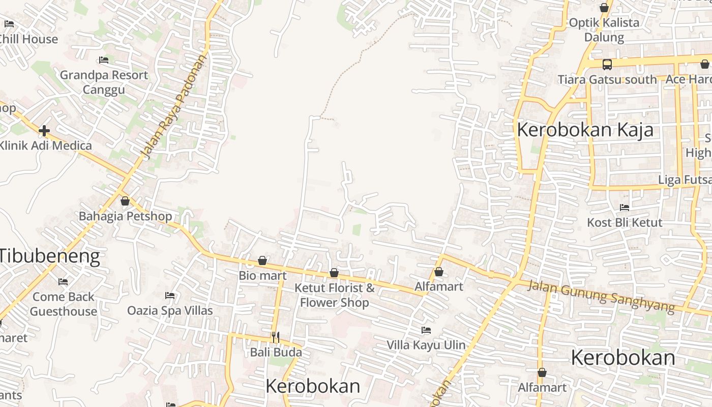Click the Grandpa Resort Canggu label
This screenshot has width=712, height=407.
[x=104, y=82]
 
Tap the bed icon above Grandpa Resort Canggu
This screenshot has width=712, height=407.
[x=104, y=60]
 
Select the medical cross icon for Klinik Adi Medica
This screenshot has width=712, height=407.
[x=44, y=131]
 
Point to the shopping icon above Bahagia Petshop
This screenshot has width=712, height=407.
[x=125, y=201]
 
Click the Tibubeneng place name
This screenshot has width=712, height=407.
[x=50, y=255]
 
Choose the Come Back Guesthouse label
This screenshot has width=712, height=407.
[x=63, y=304]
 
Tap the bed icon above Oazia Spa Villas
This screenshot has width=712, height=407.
[x=170, y=296]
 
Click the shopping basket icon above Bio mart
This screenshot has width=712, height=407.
[x=262, y=261]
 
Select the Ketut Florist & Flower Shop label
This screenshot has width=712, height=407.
[x=334, y=295]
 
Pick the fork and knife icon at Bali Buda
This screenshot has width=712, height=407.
[x=275, y=337]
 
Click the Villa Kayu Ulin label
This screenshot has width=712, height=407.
[x=426, y=345]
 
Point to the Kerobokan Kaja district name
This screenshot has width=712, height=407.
[x=585, y=130]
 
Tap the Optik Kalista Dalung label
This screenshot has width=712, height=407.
[x=604, y=30]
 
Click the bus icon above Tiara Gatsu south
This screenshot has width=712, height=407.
[x=607, y=65]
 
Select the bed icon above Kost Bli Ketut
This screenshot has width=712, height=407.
[x=625, y=208]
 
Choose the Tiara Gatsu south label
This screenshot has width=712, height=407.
[x=607, y=80]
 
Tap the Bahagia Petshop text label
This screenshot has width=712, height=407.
[x=125, y=216]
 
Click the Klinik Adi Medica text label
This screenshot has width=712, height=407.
[x=46, y=146]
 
